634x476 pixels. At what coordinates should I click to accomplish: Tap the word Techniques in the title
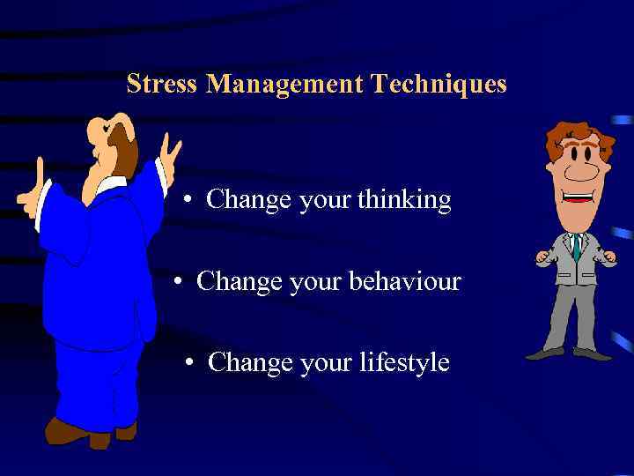point(439,85)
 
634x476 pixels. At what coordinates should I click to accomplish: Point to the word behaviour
point(405,281)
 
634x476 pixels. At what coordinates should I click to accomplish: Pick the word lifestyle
point(404,362)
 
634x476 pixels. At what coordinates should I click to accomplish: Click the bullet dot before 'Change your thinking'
point(188,201)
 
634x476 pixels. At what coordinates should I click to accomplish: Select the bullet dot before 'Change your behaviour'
point(179,282)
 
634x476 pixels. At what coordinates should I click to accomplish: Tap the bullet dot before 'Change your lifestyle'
point(190,363)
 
